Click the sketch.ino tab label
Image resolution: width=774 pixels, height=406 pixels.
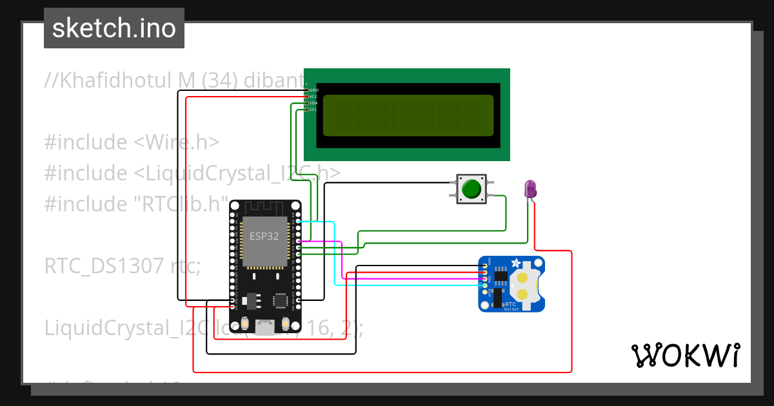pos(114,28)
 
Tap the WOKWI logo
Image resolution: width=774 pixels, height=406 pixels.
pos(685,355)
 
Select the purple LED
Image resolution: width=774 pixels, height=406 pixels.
pos(530,189)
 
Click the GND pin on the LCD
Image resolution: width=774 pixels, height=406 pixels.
pos(307,90)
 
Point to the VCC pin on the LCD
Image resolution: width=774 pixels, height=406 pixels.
pos(307,97)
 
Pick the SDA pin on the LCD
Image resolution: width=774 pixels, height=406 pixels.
pos(307,103)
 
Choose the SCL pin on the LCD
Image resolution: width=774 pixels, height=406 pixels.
pos(307,110)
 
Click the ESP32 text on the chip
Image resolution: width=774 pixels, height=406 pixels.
pos(264,236)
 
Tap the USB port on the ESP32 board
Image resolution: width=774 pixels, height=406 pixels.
pos(264,327)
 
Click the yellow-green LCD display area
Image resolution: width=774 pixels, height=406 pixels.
pos(408,116)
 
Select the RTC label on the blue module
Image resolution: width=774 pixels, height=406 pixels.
pos(510,304)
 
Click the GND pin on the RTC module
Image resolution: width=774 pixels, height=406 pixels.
pos(484,266)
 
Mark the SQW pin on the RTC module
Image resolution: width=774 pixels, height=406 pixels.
pos(484,292)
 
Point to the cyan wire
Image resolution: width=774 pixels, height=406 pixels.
pos(333,258)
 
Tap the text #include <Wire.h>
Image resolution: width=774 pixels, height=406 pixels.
pos(132,142)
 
